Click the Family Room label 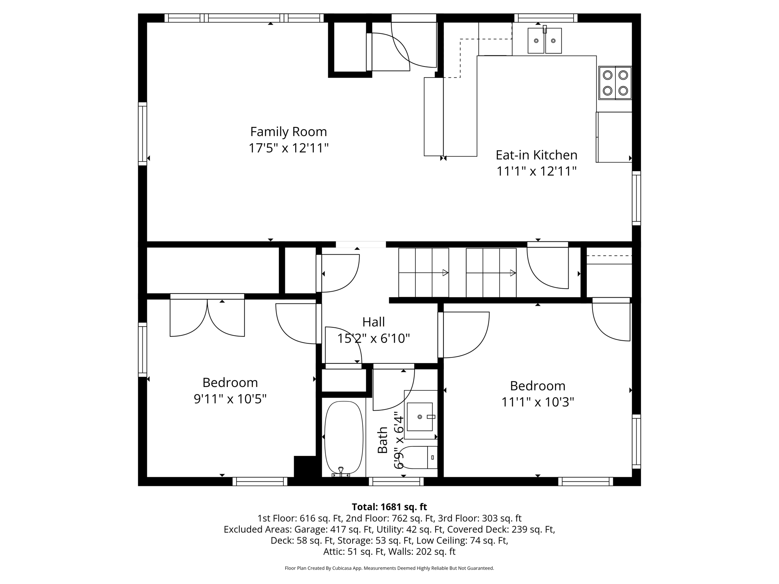coord(288,132)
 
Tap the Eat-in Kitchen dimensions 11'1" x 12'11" coord(536,171)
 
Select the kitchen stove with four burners coord(615,83)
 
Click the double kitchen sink coord(544,41)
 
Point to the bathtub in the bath coord(343,437)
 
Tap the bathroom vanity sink coord(420,417)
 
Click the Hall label coord(373,322)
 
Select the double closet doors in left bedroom coord(207,316)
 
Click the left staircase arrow coord(445,273)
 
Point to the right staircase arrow coord(513,273)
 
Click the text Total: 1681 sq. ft coord(389,507)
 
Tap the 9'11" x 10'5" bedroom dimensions coord(230,399)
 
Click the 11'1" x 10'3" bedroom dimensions coord(537,402)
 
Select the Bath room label coord(383,440)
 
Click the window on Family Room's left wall coord(142,133)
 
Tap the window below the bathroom coord(396,482)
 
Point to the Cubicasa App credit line coord(389,568)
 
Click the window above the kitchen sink coord(546,18)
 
